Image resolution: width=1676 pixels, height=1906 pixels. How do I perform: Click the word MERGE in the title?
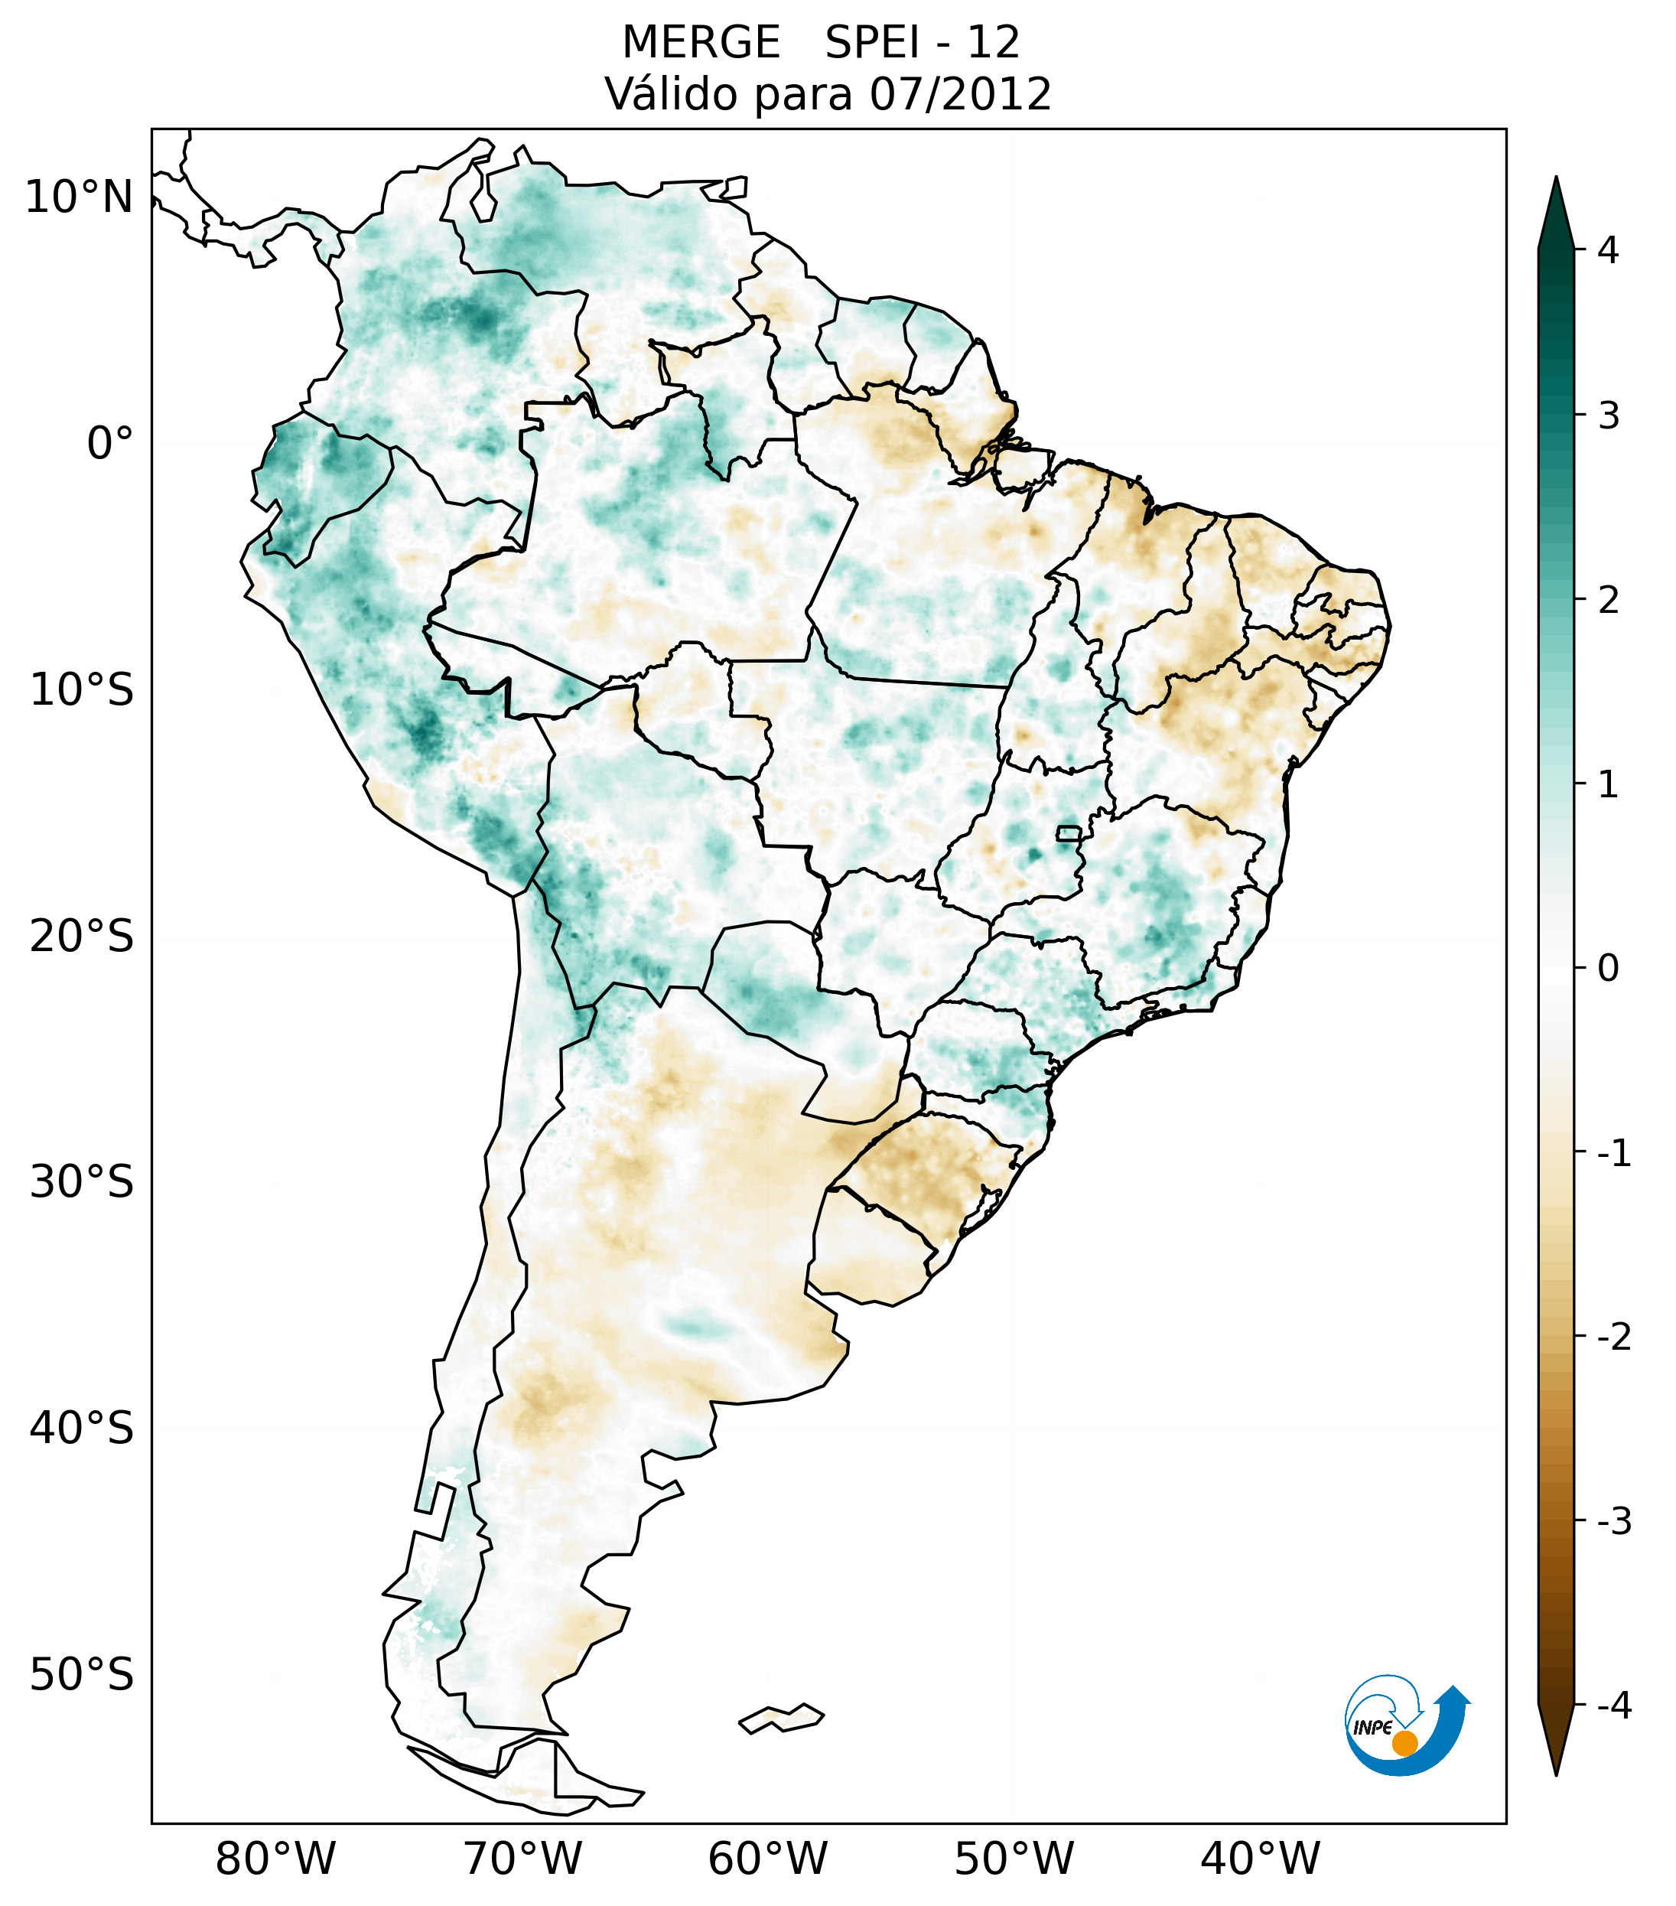point(700,43)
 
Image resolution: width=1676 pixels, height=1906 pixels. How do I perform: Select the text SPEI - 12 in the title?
point(923,43)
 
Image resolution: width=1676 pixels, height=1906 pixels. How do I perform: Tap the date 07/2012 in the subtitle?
point(960,94)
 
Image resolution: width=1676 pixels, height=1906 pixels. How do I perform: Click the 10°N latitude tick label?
point(78,197)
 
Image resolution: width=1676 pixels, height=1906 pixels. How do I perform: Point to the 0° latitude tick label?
point(110,444)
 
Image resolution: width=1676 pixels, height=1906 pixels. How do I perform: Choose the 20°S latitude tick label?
point(82,937)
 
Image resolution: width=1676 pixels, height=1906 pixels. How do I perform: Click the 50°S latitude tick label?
point(82,1675)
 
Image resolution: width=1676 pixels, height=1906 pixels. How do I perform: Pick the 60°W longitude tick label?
point(767,1859)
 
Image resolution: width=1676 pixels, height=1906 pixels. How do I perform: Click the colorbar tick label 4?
point(1608,250)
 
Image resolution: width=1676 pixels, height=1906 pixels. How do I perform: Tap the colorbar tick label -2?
point(1613,1337)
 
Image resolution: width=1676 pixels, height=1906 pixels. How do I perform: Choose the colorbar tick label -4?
point(1613,1706)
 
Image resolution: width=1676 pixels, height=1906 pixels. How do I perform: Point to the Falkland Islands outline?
point(781,1718)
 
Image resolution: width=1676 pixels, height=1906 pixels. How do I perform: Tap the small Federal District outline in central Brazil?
point(1068,832)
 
